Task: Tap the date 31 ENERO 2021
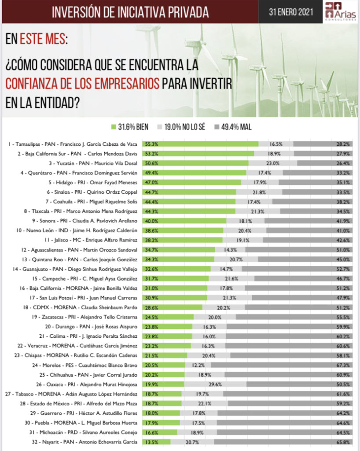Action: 292,12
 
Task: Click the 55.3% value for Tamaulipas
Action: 151,144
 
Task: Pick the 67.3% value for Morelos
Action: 344,365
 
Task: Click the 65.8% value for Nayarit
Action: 344,442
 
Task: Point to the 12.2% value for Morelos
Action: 198,365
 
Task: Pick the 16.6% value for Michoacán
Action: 151,432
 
